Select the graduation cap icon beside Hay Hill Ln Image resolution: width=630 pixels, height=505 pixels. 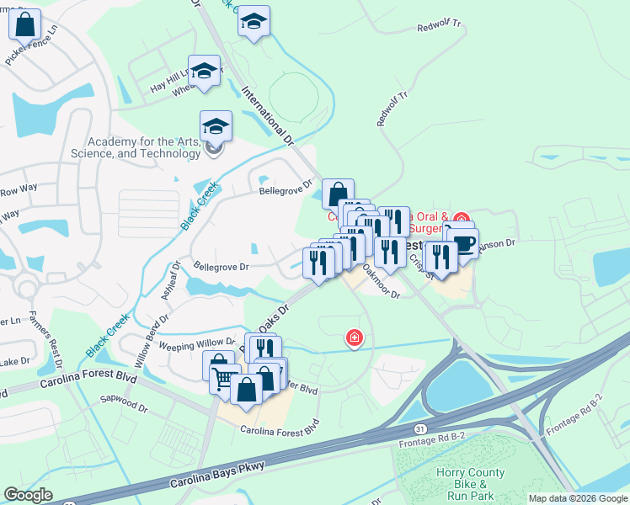click(204, 72)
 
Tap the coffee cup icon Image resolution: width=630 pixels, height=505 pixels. click(463, 243)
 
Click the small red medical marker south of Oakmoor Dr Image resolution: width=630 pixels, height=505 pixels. click(355, 338)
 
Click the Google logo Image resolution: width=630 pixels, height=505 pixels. click(28, 495)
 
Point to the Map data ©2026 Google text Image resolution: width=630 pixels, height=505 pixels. click(577, 498)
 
